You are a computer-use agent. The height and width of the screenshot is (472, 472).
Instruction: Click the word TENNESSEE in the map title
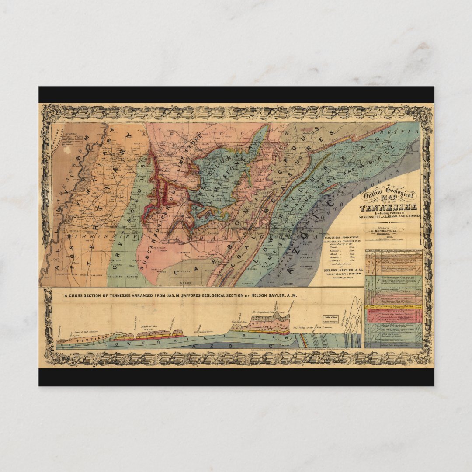[x=388, y=207]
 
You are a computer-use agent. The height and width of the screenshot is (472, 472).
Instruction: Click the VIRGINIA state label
[x=387, y=131]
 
